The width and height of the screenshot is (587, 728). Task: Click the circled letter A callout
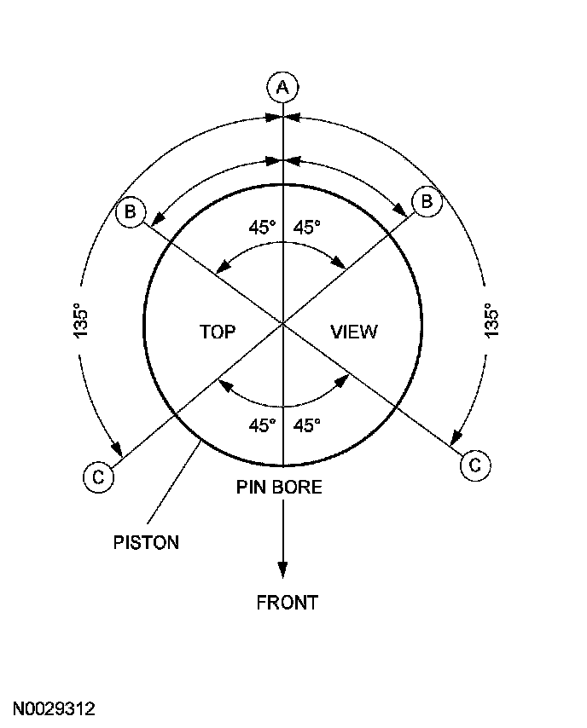pos(282,86)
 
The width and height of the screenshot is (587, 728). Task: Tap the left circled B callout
pos(131,211)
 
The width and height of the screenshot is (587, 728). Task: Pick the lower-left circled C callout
pos(98,477)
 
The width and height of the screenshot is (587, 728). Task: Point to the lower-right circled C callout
pos(475,465)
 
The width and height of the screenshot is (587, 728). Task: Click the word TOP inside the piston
pos(218,332)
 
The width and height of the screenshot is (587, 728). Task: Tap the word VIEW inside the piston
pos(353,332)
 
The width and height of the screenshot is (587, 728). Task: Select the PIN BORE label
pos(279,488)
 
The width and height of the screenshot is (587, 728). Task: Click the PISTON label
pos(146,542)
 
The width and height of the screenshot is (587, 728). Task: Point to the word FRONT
pos(288,603)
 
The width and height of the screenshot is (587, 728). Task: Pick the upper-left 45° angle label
pos(262,228)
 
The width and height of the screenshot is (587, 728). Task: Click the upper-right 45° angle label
pos(307,228)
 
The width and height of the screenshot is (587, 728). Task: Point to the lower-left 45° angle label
pos(262,425)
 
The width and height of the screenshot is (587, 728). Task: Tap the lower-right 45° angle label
pos(307,425)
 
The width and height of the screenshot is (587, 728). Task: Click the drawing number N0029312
pos(54,709)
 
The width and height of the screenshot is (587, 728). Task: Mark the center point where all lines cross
pos(282,323)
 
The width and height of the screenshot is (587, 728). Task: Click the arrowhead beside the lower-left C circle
pos(117,449)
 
